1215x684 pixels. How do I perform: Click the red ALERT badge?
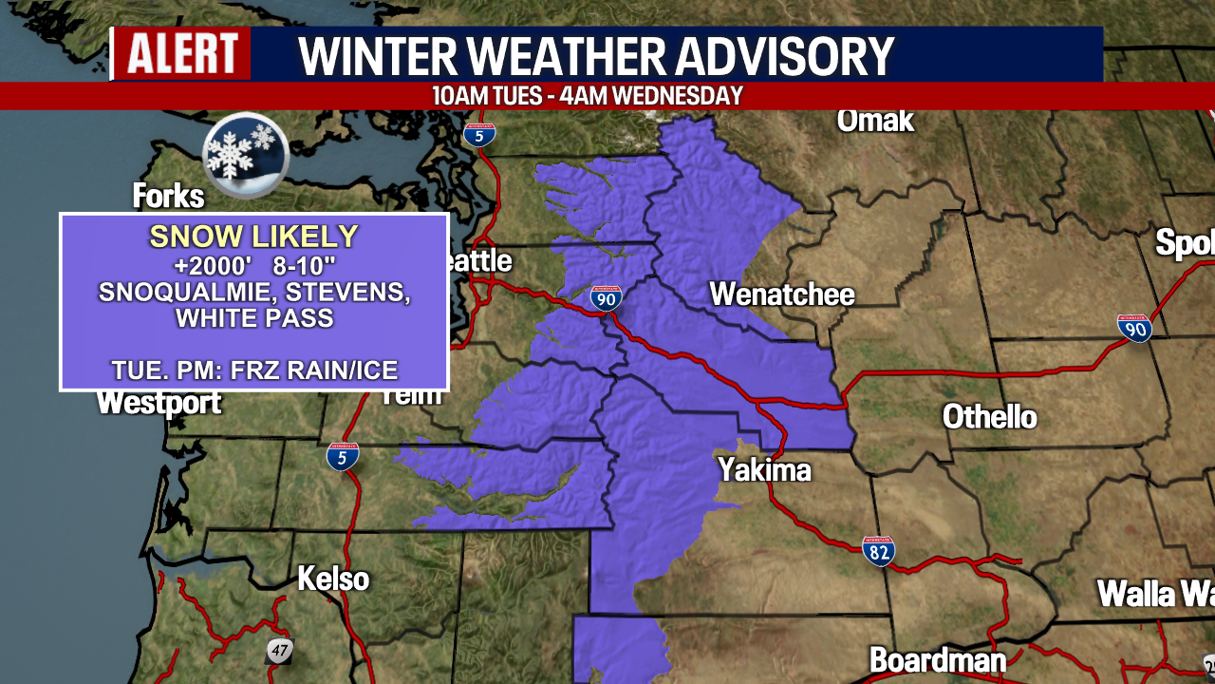click(182, 53)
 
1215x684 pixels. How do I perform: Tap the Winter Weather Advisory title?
click(596, 56)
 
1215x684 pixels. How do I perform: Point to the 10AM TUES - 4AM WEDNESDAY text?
click(587, 96)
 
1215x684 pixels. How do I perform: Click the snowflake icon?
click(245, 154)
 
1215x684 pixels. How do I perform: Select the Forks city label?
click(168, 197)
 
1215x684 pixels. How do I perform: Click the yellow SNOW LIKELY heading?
click(253, 237)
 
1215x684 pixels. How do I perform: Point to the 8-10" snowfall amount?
click(316, 266)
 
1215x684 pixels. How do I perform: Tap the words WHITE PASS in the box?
click(254, 318)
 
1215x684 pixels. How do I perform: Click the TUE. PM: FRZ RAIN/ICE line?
click(254, 370)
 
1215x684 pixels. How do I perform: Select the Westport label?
click(159, 403)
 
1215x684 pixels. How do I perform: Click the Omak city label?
click(874, 121)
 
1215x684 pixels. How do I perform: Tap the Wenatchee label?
click(782, 294)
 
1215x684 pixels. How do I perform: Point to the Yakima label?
click(764, 469)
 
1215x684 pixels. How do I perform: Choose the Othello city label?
click(989, 416)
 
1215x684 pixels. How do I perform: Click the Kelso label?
click(333, 579)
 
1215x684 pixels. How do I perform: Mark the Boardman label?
click(937, 659)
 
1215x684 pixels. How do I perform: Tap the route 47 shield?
click(279, 651)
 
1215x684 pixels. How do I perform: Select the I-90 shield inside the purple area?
click(606, 298)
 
